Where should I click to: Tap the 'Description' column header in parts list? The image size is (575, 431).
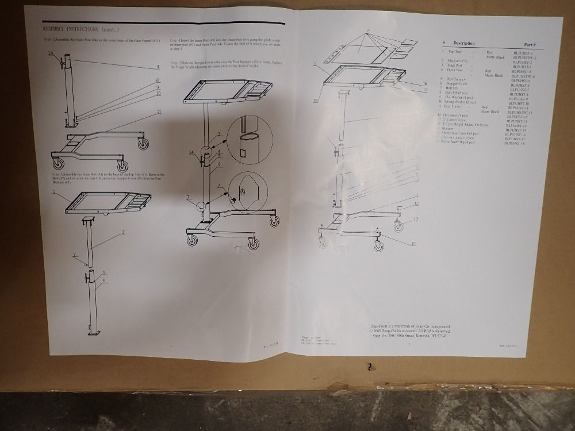pyautogui.click(x=463, y=43)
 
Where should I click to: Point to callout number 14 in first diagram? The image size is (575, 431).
pyautogui.click(x=51, y=53)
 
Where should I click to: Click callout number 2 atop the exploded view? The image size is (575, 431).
pyautogui.click(x=367, y=30)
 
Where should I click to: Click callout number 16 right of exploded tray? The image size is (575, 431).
pyautogui.click(x=424, y=84)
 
